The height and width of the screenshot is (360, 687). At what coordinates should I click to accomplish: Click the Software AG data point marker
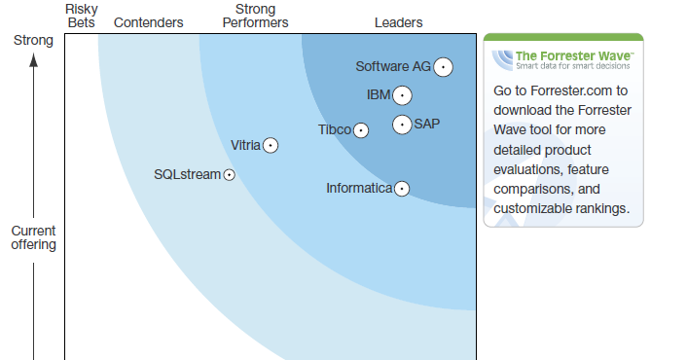444,67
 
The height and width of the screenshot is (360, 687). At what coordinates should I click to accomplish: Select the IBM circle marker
401,95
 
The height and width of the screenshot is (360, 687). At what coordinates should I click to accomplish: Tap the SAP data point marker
402,125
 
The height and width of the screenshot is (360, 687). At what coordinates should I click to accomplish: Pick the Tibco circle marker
361,130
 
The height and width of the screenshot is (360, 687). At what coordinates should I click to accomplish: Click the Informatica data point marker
401,189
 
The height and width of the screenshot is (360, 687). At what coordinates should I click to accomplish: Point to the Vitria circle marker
271,146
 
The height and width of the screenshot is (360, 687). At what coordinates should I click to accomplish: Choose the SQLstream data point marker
230,175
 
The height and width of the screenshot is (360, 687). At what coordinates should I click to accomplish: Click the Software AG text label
392,67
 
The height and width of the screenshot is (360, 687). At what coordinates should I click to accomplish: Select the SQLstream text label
187,175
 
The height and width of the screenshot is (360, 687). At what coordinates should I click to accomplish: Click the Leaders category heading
399,22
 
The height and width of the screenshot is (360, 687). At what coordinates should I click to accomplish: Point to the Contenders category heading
148,22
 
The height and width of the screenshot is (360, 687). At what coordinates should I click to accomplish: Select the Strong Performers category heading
255,16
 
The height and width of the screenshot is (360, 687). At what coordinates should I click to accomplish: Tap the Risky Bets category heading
82,16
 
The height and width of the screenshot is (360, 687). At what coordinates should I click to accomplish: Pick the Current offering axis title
34,237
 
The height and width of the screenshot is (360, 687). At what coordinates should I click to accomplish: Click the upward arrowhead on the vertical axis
33,61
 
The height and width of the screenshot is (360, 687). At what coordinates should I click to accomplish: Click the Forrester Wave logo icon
502,60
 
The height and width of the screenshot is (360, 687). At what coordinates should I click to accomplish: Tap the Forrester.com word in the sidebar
572,90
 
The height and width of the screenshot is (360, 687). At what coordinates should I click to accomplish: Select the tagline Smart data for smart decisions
573,66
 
